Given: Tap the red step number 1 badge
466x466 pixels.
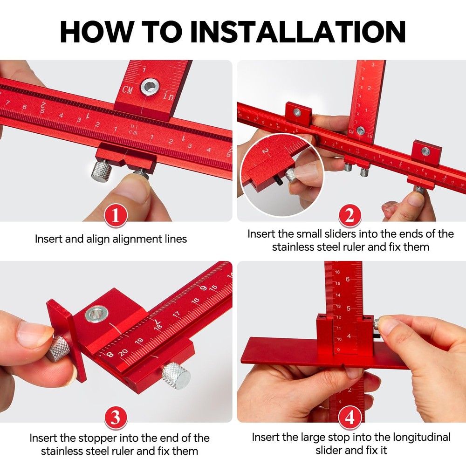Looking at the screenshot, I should (116, 216).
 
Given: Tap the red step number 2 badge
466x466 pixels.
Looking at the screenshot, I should (350, 216).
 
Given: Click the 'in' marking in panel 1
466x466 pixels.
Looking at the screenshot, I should (168, 96).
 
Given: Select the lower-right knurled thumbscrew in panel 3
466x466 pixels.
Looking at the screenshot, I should (176, 375).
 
